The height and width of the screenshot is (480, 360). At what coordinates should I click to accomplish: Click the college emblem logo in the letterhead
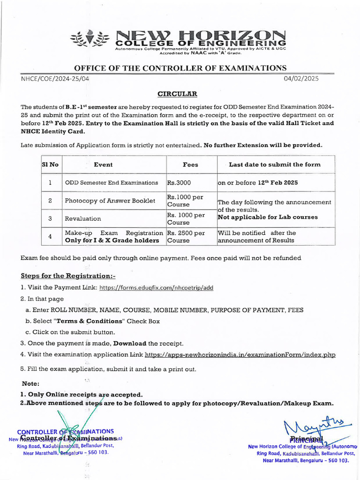click(92, 40)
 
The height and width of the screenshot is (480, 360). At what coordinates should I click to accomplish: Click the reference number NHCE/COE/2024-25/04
click(55, 79)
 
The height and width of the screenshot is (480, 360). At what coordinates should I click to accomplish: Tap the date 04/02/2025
click(301, 79)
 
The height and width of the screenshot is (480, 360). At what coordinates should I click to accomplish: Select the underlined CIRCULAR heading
click(177, 94)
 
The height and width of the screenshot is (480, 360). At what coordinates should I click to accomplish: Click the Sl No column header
click(50, 165)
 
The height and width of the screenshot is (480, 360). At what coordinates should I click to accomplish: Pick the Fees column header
click(190, 165)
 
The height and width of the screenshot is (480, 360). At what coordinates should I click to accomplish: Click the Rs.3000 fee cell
click(180, 182)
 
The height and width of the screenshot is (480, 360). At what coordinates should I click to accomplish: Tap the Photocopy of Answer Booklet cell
click(110, 201)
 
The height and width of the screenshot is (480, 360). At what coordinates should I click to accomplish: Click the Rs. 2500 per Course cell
click(186, 237)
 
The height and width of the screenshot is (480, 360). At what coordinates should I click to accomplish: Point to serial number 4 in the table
click(50, 237)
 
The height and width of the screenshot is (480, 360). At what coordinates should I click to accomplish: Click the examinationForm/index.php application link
click(240, 355)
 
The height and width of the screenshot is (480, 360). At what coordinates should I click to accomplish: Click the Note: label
click(30, 383)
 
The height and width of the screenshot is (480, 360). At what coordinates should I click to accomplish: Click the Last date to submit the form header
click(275, 165)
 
